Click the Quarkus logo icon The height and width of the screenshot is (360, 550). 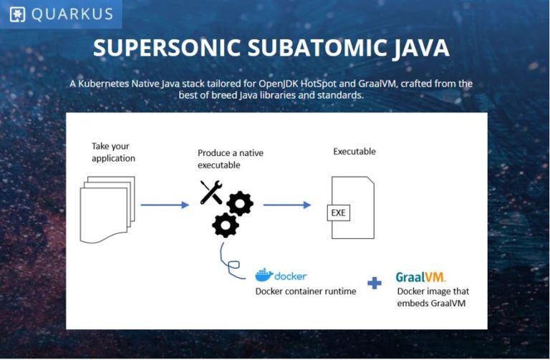tap(17, 14)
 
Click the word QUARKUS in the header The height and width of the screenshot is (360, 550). tap(71, 14)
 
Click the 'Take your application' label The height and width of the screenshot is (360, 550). tap(113, 152)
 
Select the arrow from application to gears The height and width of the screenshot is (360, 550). tap(165, 205)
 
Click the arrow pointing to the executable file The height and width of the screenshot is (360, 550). tap(286, 205)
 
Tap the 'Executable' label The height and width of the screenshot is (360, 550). tap(354, 152)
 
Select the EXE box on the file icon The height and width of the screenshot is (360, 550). tap(338, 212)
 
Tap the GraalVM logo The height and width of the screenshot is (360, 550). tap(420, 276)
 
